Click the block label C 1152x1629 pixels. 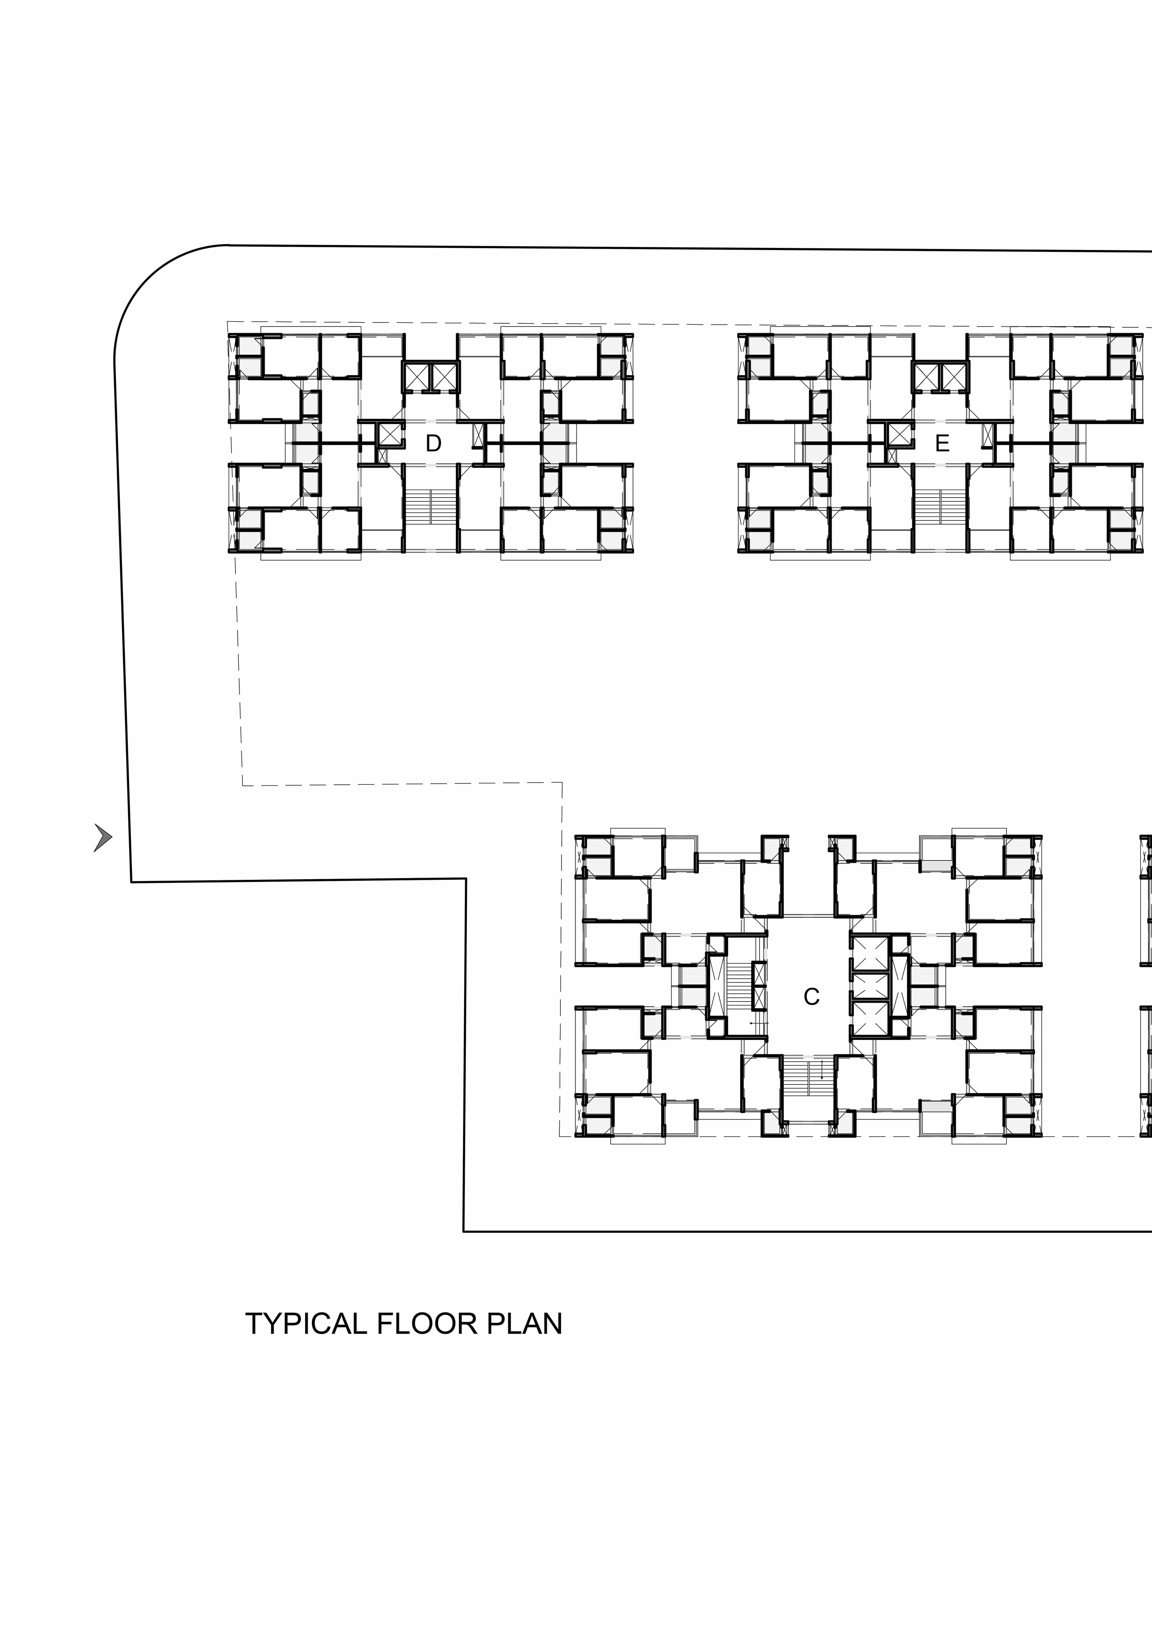pyautogui.click(x=811, y=997)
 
